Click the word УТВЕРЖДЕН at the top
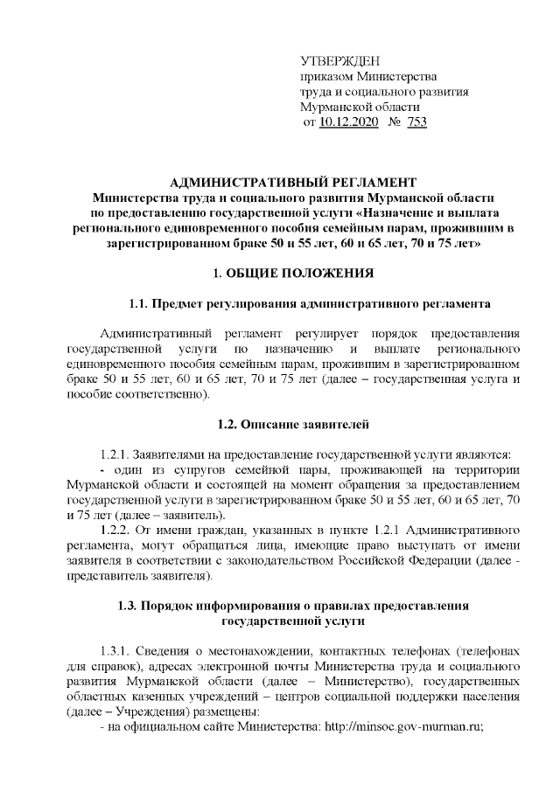point(340,60)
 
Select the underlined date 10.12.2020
point(349,122)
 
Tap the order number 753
point(416,122)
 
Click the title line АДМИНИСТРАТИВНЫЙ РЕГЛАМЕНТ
point(280,182)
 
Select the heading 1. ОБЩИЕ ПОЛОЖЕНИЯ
point(280,274)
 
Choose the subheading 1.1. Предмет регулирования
point(309,304)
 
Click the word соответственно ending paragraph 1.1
point(166,394)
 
